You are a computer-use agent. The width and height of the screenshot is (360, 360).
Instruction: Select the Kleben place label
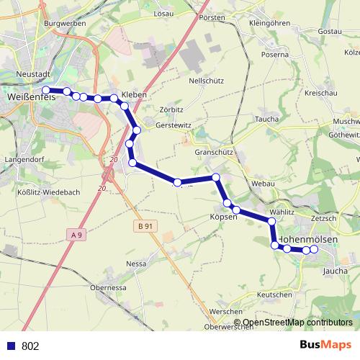[135, 94]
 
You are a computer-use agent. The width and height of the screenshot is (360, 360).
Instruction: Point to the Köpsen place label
[223, 217]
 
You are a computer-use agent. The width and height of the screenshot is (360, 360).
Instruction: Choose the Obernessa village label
[109, 287]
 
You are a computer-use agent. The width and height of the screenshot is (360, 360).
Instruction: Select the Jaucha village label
[336, 271]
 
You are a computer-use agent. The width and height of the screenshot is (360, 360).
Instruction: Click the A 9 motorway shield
[77, 234]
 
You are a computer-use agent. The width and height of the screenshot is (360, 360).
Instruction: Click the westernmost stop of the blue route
[46, 90]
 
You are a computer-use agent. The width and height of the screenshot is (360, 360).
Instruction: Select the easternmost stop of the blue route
[314, 249]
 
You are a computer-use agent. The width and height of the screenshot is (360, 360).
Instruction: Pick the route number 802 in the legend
[30, 346]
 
